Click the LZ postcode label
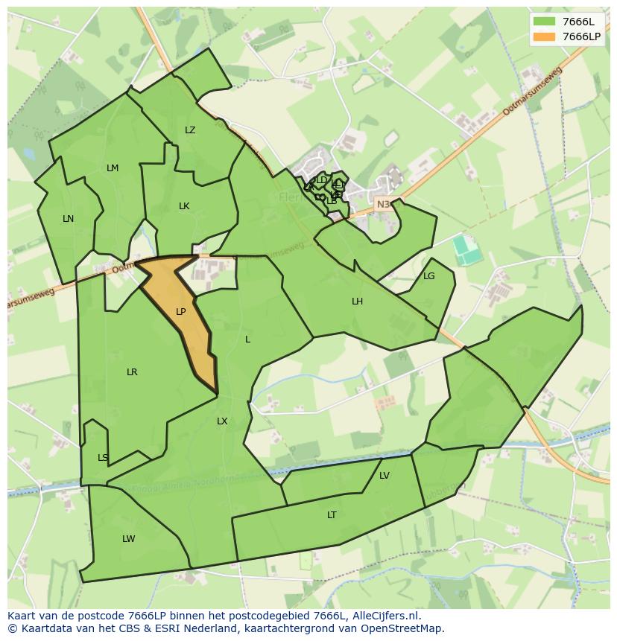pyautogui.click(x=190, y=130)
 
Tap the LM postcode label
pyautogui.click(x=113, y=168)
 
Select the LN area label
pyautogui.click(x=68, y=219)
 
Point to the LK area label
pyautogui.click(x=184, y=206)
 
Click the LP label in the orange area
pyautogui.click(x=180, y=312)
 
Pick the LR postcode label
pyautogui.click(x=132, y=372)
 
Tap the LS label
pyautogui.click(x=103, y=458)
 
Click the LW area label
pyautogui.click(x=129, y=539)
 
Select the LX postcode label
pyautogui.click(x=222, y=421)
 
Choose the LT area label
pyautogui.click(x=332, y=515)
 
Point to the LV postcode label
pyautogui.click(x=385, y=476)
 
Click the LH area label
pyautogui.click(x=358, y=302)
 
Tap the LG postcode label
pyautogui.click(x=428, y=276)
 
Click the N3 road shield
pyautogui.click(x=383, y=204)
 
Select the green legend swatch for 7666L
pyautogui.click(x=545, y=22)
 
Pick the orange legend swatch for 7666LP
pyautogui.click(x=545, y=36)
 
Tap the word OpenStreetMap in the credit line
pyautogui.click(x=403, y=628)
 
